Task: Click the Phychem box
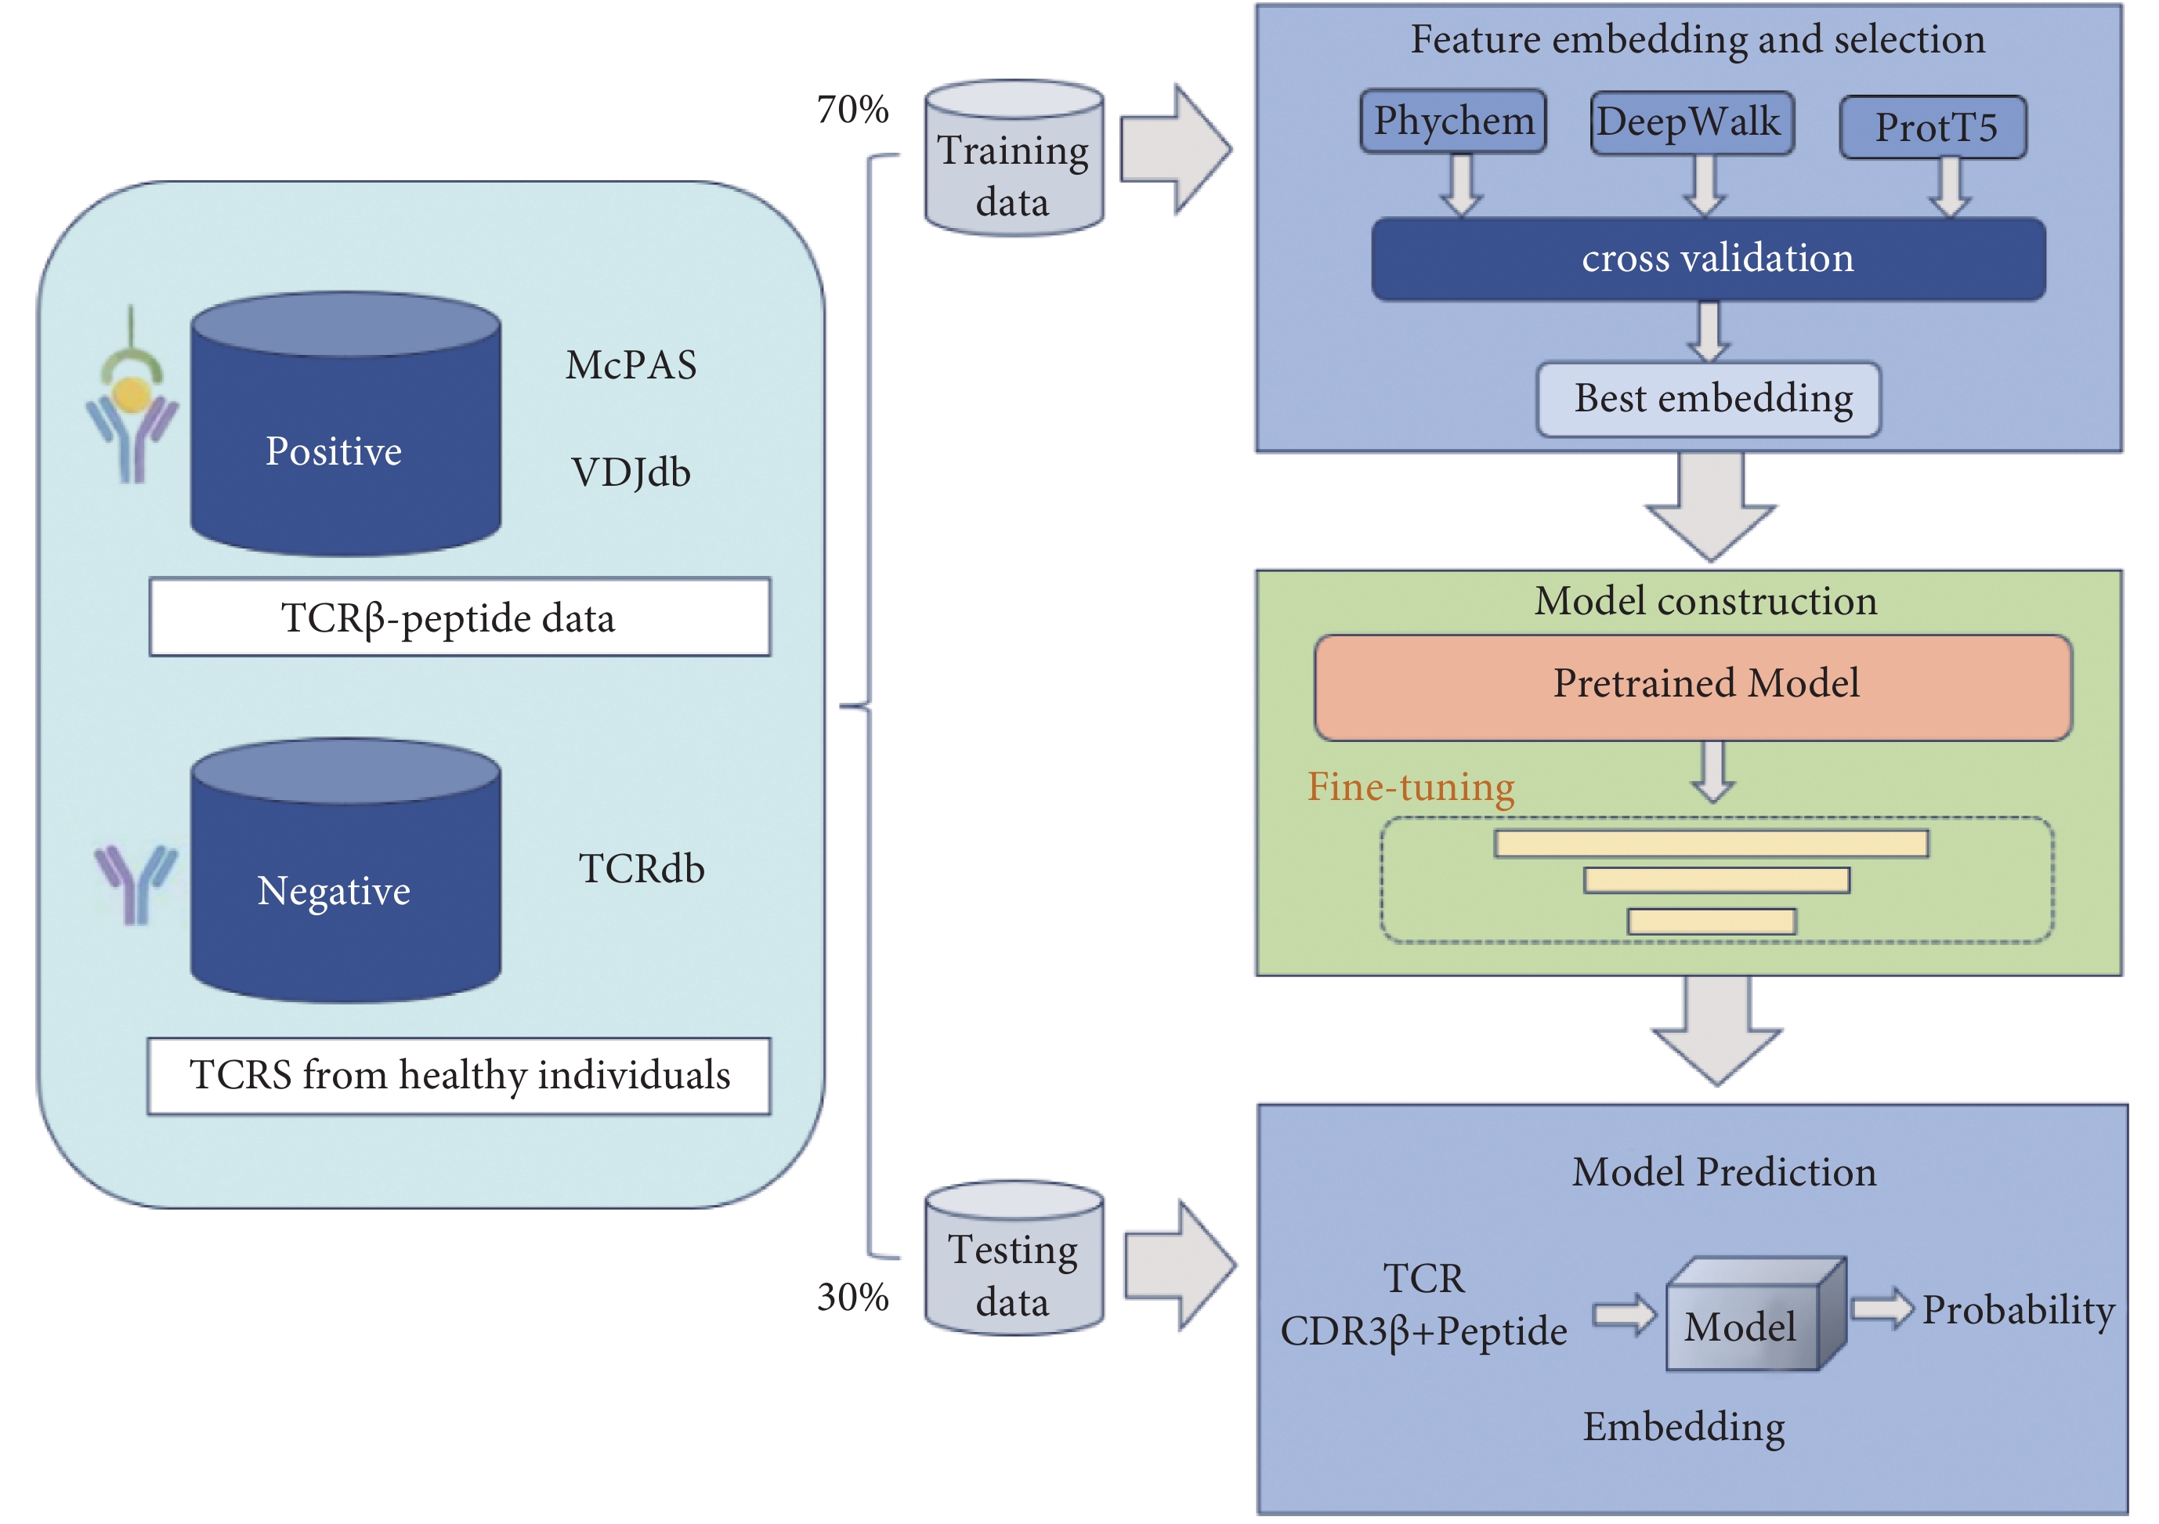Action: [x=1453, y=121]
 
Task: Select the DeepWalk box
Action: [x=1691, y=122]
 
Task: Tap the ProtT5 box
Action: [x=1933, y=127]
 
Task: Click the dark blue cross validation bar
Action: [x=1709, y=259]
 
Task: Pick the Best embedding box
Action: [x=1709, y=399]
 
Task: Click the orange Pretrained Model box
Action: [x=1693, y=686]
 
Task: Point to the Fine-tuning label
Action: [x=1411, y=787]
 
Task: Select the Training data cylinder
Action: [x=1014, y=157]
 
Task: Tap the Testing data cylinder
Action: [x=1014, y=1258]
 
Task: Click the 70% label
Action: [x=852, y=109]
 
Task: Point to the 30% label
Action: [x=852, y=1298]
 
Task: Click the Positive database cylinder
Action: [x=345, y=423]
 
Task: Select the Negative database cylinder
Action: [x=345, y=871]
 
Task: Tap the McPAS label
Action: [x=631, y=365]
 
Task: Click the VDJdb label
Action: [x=630, y=472]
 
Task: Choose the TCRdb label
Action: [x=642, y=868]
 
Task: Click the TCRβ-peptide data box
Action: [x=460, y=617]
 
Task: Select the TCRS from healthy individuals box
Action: [x=459, y=1077]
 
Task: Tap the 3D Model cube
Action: [x=1756, y=1313]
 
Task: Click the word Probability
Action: [x=2018, y=1310]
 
